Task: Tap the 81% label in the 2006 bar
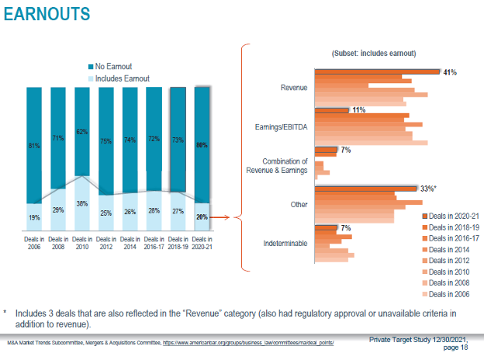(x=34, y=145)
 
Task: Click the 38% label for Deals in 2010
(x=82, y=204)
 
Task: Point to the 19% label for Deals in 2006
(x=34, y=218)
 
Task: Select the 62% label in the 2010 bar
(x=82, y=132)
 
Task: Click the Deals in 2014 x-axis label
(x=130, y=244)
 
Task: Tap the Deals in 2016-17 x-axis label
(x=154, y=244)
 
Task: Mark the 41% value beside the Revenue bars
(x=449, y=72)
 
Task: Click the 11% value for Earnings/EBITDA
(x=358, y=110)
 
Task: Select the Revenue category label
(x=294, y=88)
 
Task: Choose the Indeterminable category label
(x=285, y=244)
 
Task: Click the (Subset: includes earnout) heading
(x=374, y=53)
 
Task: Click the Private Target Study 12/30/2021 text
(x=423, y=340)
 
